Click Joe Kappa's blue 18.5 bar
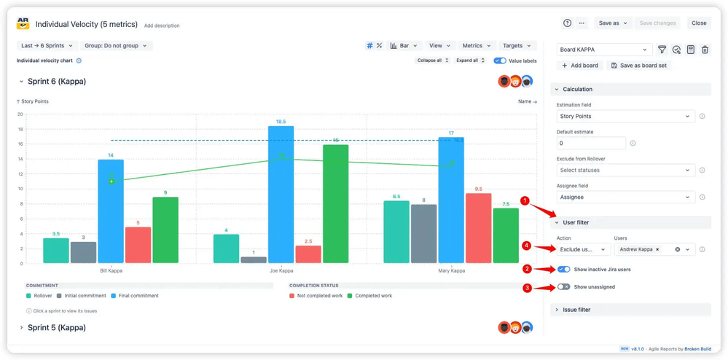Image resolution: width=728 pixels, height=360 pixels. point(281,195)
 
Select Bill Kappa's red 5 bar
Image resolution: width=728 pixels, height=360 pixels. point(138,245)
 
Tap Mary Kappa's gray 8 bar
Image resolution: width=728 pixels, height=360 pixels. point(423,234)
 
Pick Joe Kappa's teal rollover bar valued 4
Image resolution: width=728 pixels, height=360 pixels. point(226,249)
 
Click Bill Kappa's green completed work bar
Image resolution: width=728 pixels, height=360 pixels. point(165,230)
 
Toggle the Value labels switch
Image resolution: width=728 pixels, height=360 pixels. point(500,61)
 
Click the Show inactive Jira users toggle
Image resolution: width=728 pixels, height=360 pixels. point(564,270)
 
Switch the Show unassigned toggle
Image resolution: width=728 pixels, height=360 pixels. point(564,287)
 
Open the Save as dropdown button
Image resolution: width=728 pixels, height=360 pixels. point(612,23)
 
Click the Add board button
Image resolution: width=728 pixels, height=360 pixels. point(580,66)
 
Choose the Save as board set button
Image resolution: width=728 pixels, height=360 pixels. point(639,66)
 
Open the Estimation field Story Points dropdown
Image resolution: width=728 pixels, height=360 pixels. point(625,117)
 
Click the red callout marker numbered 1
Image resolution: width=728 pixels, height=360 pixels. point(525,200)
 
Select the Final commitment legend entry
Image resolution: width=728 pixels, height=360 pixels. point(135,296)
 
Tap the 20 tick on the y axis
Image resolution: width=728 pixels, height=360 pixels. point(20,114)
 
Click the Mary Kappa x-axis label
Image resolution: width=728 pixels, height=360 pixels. point(452,271)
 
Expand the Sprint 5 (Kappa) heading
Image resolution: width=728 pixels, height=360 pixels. point(57,328)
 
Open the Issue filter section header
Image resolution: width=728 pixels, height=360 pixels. point(576,310)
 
